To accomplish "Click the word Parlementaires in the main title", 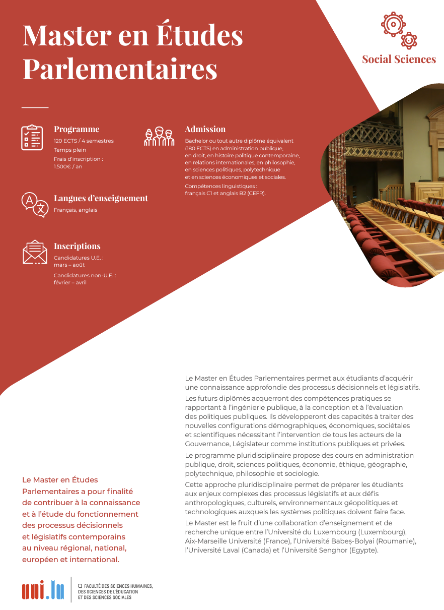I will click(x=120, y=69).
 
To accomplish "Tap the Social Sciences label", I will click(x=399, y=59).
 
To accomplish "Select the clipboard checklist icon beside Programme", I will click(x=32, y=137).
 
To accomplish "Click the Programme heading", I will click(x=77, y=129).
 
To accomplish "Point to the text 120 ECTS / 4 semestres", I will click(x=84, y=141).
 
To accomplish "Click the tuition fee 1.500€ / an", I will click(x=68, y=166).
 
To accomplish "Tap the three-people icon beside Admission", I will click(x=159, y=137).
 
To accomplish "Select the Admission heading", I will click(x=205, y=129).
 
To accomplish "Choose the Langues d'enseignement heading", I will click(x=101, y=198).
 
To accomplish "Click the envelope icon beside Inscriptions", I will click(x=35, y=252).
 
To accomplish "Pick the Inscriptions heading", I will click(x=77, y=246).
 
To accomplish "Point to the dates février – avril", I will click(x=70, y=282).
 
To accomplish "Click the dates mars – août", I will click(x=69, y=265).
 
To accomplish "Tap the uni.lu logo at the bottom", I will click(x=43, y=589).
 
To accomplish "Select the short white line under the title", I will click(x=35, y=107).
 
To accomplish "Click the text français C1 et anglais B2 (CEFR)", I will click(x=225, y=193).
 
